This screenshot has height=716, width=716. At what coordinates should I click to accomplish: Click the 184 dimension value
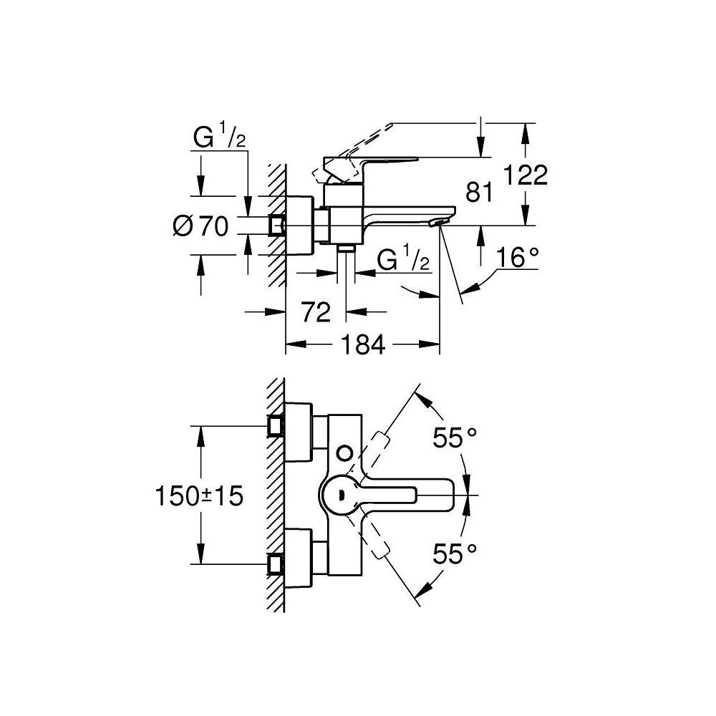pyautogui.click(x=362, y=345)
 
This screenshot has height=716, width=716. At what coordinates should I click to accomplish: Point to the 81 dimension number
pyautogui.click(x=480, y=191)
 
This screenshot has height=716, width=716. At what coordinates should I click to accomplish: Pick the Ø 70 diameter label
pyautogui.click(x=200, y=227)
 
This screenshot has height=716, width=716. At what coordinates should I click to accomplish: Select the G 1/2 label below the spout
pyautogui.click(x=403, y=261)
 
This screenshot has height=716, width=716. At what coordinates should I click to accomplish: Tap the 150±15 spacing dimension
pyautogui.click(x=198, y=495)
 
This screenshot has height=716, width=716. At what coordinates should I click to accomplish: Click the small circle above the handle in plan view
pyautogui.click(x=346, y=453)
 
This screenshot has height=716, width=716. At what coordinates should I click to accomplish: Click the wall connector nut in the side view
pyautogui.click(x=276, y=226)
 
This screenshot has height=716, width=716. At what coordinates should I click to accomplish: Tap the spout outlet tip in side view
pyautogui.click(x=435, y=224)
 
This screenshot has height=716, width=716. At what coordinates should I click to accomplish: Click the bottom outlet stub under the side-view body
pyautogui.click(x=347, y=248)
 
